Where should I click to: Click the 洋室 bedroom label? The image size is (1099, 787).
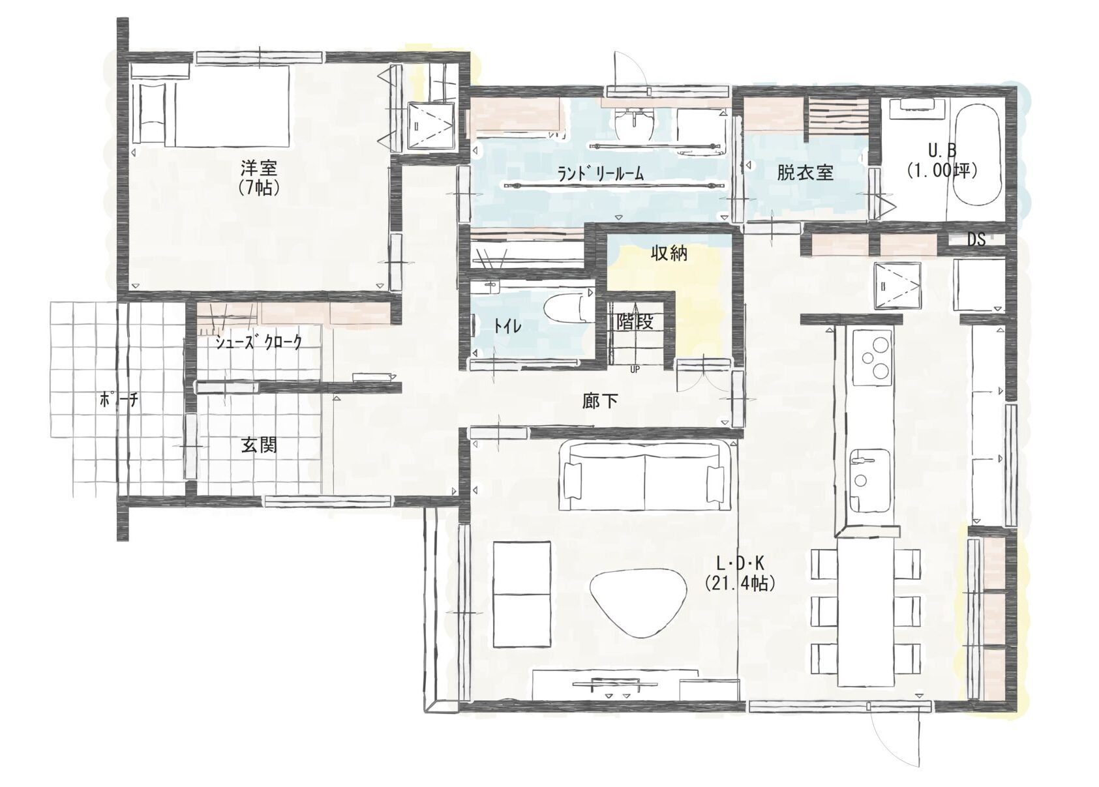[x=258, y=168]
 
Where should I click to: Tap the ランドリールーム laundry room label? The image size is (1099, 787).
[x=601, y=173]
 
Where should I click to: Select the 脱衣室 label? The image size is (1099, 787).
[x=805, y=173]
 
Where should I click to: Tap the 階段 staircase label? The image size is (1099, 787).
[x=635, y=322]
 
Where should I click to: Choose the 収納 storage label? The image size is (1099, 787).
[x=669, y=253]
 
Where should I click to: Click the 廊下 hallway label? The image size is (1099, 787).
[x=599, y=402]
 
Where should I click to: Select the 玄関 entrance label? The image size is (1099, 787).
[x=259, y=445]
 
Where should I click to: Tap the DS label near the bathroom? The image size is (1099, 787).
[x=976, y=239]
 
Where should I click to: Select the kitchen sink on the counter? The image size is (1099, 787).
[x=870, y=480]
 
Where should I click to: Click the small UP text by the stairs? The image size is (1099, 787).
[x=635, y=370]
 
